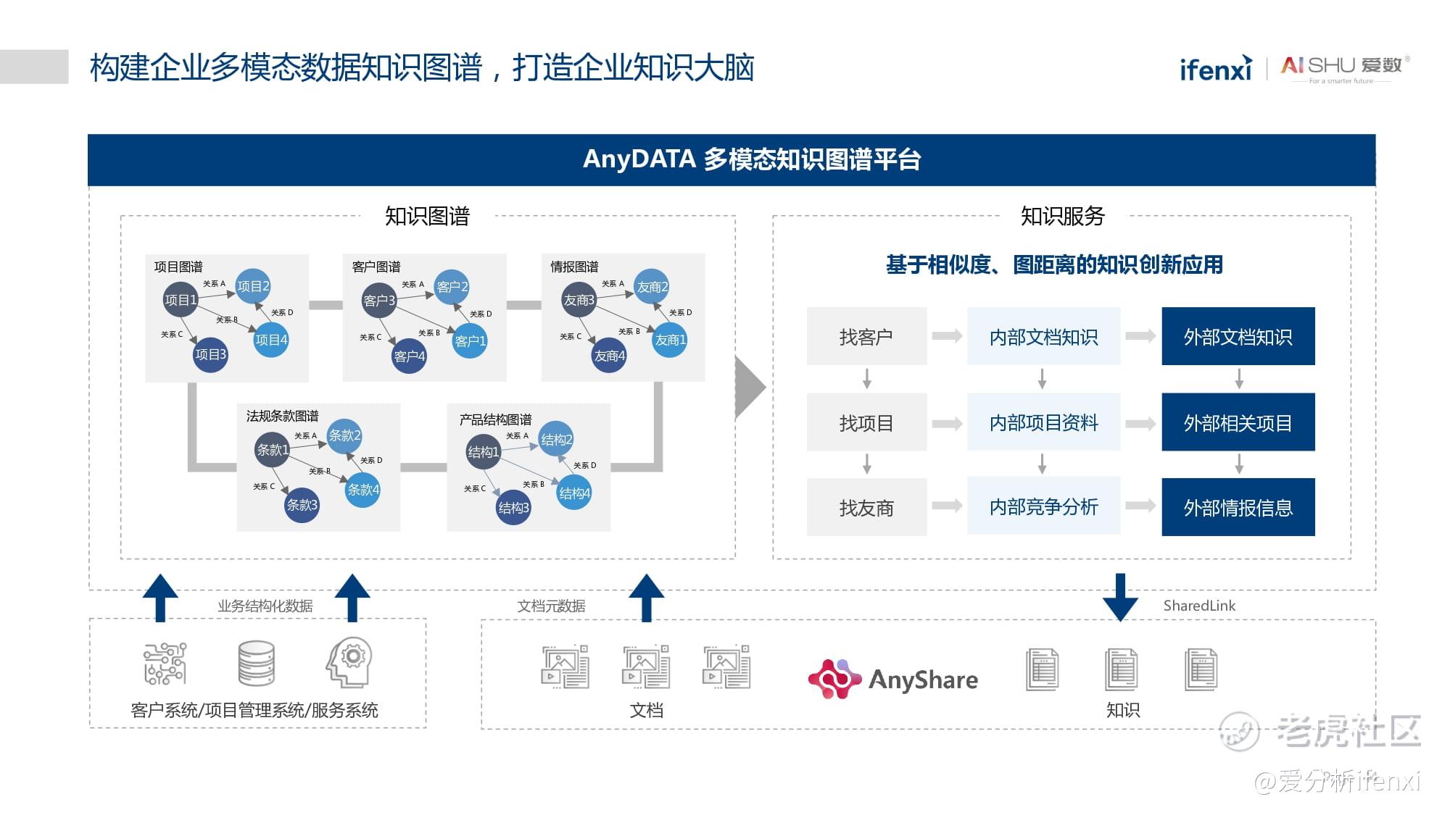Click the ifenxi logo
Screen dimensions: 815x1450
point(1216,68)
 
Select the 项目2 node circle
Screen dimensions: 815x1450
point(253,286)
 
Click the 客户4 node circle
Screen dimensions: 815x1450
point(409,356)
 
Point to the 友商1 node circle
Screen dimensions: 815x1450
point(670,340)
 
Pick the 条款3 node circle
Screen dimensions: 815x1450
point(302,505)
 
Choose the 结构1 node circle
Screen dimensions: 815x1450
point(483,452)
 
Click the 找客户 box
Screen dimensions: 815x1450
point(866,336)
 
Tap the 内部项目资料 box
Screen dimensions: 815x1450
point(1043,422)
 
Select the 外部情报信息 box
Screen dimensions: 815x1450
point(1238,507)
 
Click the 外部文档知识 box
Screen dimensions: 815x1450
point(1238,336)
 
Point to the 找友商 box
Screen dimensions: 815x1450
point(866,507)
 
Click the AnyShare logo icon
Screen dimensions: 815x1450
point(834,679)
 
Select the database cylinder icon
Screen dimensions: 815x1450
point(257,663)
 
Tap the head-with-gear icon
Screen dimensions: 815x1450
point(350,661)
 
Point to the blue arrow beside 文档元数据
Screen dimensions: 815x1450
point(646,598)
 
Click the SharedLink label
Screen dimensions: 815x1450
point(1199,606)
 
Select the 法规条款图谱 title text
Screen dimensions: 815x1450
point(282,416)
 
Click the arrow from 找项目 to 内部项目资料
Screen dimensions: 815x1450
point(947,423)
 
